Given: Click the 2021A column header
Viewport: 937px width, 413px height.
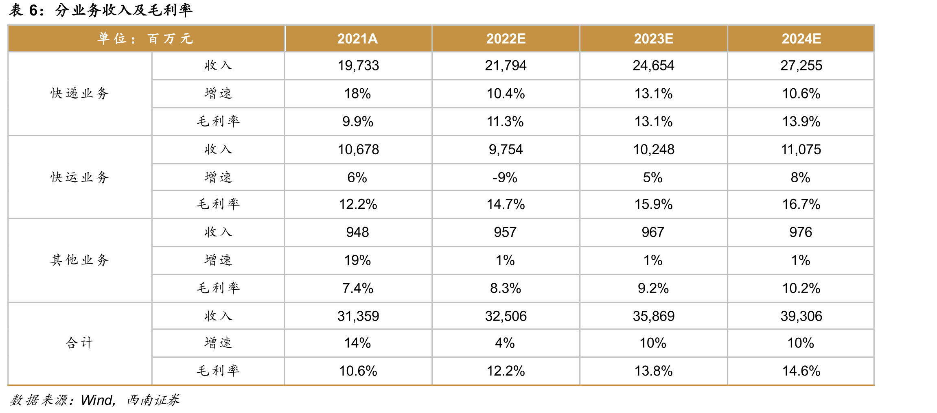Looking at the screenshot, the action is pos(357,39).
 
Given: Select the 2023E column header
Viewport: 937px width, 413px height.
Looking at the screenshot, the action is pos(653,39).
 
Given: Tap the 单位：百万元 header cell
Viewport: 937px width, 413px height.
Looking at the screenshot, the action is pos(145,39).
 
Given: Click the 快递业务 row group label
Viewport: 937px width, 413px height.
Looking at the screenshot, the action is pos(80,93).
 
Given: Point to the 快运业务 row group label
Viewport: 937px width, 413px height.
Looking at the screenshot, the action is pos(80,177).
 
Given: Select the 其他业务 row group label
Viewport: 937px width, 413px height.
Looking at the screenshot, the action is pos(80,260).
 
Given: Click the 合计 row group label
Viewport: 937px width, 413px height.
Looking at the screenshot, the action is pos(80,343).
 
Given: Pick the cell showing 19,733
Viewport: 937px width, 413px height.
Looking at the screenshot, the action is pos(358,66).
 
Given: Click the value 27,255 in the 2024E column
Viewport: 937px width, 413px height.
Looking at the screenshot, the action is pos(801,66).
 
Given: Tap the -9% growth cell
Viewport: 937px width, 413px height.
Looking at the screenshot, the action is pos(505,177).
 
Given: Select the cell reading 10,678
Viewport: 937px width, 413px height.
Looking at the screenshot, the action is pos(358,149).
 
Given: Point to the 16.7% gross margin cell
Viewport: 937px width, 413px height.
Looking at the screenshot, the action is pos(801,204).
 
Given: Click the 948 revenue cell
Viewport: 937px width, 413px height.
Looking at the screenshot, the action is pos(357,232).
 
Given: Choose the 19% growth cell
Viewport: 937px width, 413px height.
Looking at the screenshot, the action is pos(357,260).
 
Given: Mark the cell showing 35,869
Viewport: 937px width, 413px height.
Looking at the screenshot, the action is pos(653,316).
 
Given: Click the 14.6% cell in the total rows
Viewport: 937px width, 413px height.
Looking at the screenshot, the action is pos(801,371).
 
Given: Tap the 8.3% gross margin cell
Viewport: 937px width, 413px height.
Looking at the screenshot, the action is pos(505,288).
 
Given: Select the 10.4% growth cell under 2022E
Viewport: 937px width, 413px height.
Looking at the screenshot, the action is pos(506,94).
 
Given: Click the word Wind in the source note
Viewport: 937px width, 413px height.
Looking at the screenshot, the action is pos(97,400).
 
